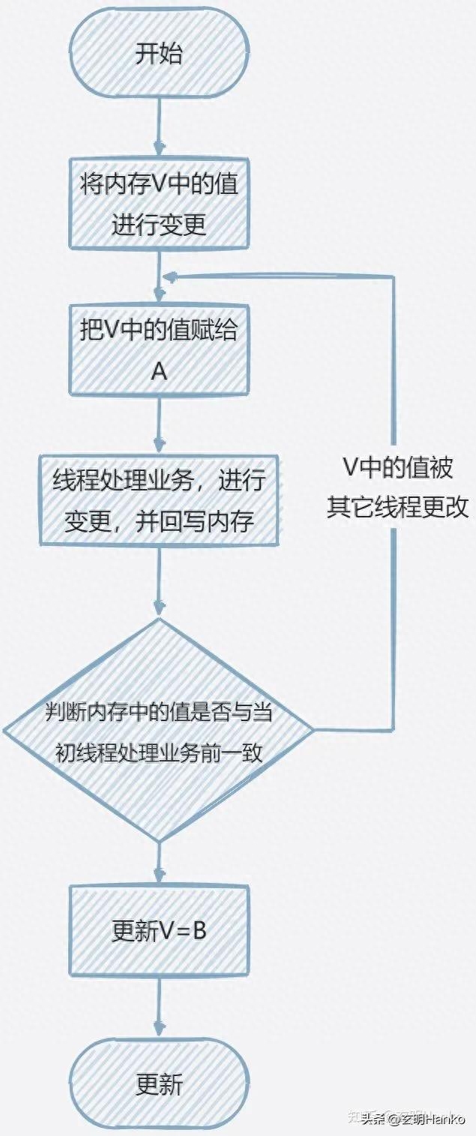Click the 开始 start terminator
tap(158, 54)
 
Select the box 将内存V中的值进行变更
tap(158, 203)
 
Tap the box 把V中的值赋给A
tap(158, 349)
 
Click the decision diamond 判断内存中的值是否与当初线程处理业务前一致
tap(158, 730)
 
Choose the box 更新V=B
tap(158, 930)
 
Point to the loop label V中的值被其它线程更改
tap(398, 487)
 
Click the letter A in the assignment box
tap(159, 371)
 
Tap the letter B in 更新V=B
tap(199, 930)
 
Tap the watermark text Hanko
tap(447, 1120)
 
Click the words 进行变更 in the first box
tap(158, 225)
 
